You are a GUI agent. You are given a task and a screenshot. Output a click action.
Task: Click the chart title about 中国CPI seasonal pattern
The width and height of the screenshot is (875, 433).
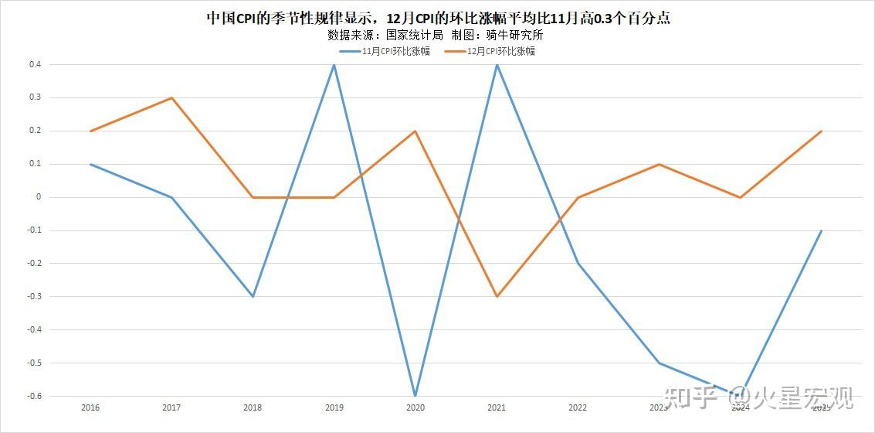(438, 18)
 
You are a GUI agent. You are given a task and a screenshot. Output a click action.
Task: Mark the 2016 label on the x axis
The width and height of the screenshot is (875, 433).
(90, 407)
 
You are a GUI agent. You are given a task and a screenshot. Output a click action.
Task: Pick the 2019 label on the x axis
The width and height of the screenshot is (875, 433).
(334, 407)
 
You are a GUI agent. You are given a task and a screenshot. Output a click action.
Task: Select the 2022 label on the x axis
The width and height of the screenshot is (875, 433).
(578, 407)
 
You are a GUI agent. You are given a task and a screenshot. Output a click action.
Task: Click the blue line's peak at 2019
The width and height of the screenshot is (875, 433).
(334, 65)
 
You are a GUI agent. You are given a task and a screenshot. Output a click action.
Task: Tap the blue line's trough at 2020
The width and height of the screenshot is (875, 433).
(415, 396)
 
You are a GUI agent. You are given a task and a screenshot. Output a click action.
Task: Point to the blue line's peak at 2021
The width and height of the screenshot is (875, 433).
(497, 65)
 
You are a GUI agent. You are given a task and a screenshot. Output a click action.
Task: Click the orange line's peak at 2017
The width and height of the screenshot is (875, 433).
(171, 98)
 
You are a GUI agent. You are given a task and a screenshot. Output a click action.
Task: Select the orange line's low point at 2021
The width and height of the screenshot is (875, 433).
(497, 296)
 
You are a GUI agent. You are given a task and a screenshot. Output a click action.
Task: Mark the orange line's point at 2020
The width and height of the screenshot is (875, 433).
(415, 131)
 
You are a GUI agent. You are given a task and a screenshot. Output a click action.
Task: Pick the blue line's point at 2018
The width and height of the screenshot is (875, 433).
(253, 296)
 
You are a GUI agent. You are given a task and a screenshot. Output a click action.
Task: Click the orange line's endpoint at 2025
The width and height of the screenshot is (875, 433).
(821, 131)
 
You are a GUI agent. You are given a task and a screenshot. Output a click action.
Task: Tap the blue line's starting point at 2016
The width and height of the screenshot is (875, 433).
(90, 164)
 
